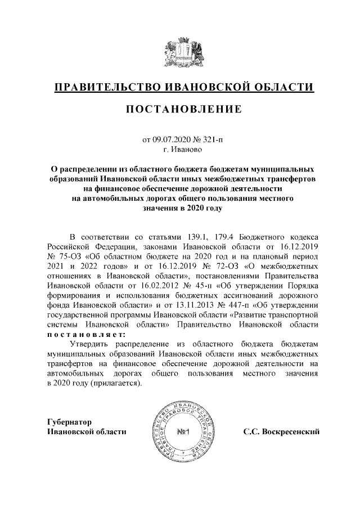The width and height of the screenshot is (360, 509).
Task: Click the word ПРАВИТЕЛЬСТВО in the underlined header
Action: [x=104, y=88]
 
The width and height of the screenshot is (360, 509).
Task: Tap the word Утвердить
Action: [x=89, y=347]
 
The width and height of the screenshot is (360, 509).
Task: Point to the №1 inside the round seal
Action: [x=184, y=433]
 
